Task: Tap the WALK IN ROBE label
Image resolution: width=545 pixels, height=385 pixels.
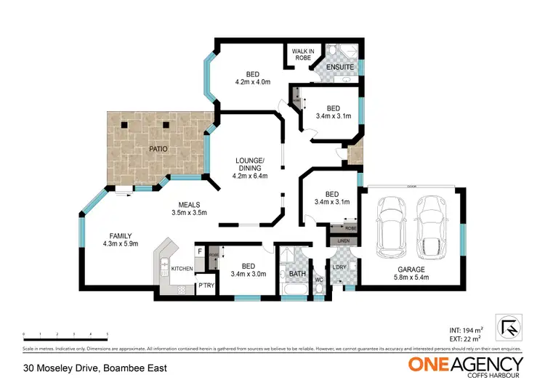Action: [x=302, y=54]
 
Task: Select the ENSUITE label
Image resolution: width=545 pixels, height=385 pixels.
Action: [x=339, y=67]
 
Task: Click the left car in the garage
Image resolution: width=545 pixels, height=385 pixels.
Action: [x=391, y=227]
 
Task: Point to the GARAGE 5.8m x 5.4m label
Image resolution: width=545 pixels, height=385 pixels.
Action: [x=411, y=273]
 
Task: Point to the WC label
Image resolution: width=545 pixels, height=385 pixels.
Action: [x=318, y=278]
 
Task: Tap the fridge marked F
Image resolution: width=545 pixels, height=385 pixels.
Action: [x=200, y=251]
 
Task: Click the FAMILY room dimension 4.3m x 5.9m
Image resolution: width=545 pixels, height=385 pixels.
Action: [x=121, y=243]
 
